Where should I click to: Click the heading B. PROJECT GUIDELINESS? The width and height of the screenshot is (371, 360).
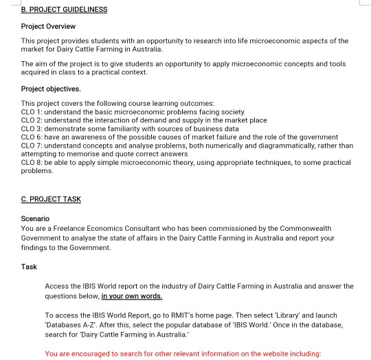[64, 10]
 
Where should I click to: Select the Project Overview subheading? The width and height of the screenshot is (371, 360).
[48, 27]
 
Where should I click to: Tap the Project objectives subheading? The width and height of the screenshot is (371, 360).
[51, 89]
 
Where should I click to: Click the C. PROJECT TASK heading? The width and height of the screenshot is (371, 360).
[51, 199]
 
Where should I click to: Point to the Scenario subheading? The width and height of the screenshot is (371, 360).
[36, 219]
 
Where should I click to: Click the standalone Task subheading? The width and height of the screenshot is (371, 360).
[29, 267]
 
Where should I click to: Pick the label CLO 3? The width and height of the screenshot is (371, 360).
[32, 128]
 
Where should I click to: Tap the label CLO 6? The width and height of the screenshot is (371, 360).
[32, 137]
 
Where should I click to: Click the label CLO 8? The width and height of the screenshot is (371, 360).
[32, 163]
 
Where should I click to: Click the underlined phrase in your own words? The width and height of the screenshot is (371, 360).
[132, 296]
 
